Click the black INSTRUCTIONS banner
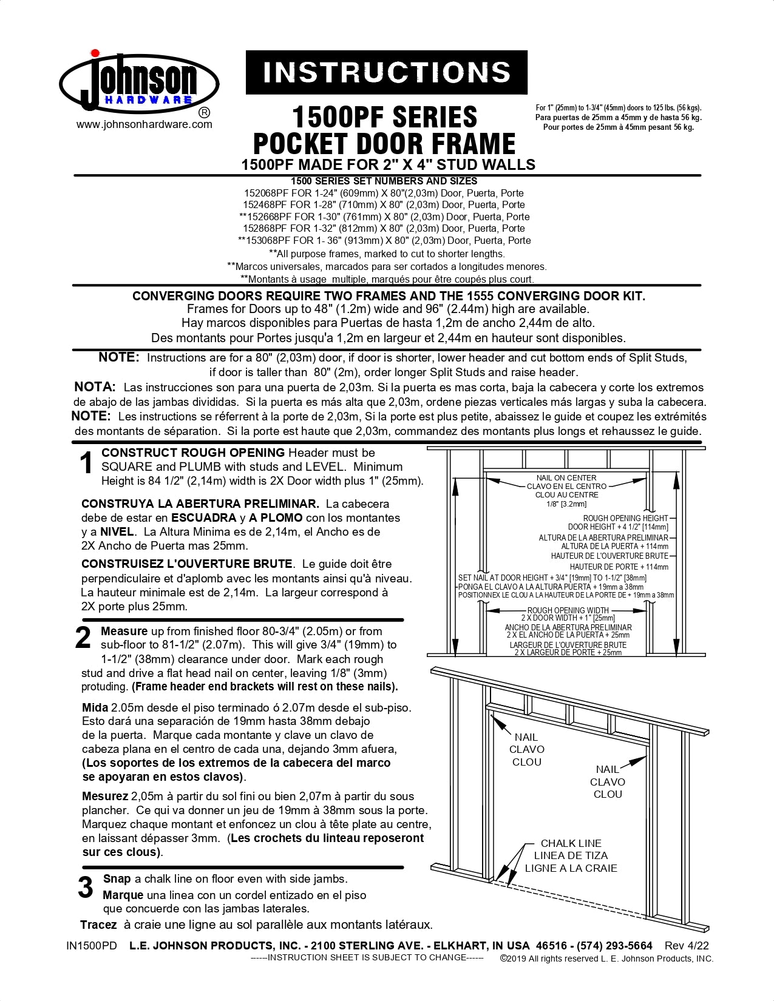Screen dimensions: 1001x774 point(386,72)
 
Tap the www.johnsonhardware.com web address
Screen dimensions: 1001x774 point(144,124)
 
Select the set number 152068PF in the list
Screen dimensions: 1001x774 point(266,193)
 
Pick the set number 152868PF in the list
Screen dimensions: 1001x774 point(265,229)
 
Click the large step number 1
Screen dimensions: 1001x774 point(87,464)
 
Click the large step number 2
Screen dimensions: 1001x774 point(83,638)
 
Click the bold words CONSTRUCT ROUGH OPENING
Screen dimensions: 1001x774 point(193,453)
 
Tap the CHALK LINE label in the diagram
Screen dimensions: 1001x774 point(571,843)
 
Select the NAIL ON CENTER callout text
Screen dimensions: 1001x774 point(566,478)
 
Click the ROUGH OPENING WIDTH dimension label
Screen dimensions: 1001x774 point(568,610)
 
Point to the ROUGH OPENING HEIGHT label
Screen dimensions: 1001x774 point(625,518)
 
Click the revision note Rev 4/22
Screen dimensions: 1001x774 point(687,945)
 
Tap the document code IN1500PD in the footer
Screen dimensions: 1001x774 point(91,946)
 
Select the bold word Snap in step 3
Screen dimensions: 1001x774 point(117,879)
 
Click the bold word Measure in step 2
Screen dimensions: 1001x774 point(124,632)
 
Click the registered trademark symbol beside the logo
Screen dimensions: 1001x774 point(205,113)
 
